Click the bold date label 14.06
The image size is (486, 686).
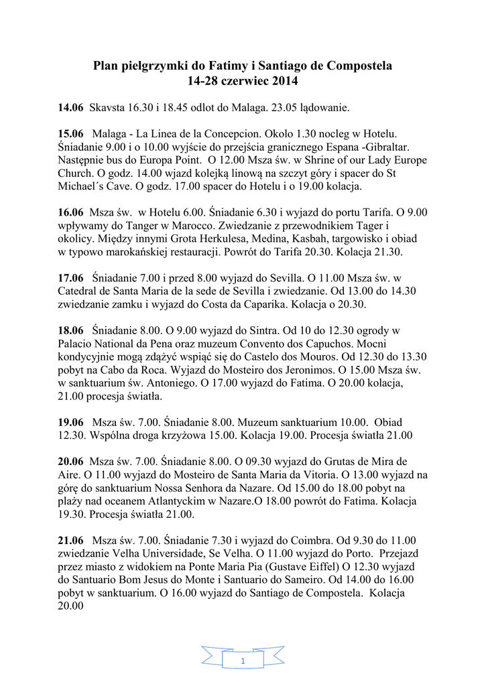[70, 107]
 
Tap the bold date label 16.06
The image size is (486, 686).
[70, 212]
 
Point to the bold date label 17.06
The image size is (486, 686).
[70, 277]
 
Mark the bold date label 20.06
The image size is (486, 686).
[70, 462]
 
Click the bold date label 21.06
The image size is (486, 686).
[70, 541]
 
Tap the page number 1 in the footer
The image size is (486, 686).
[243, 662]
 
